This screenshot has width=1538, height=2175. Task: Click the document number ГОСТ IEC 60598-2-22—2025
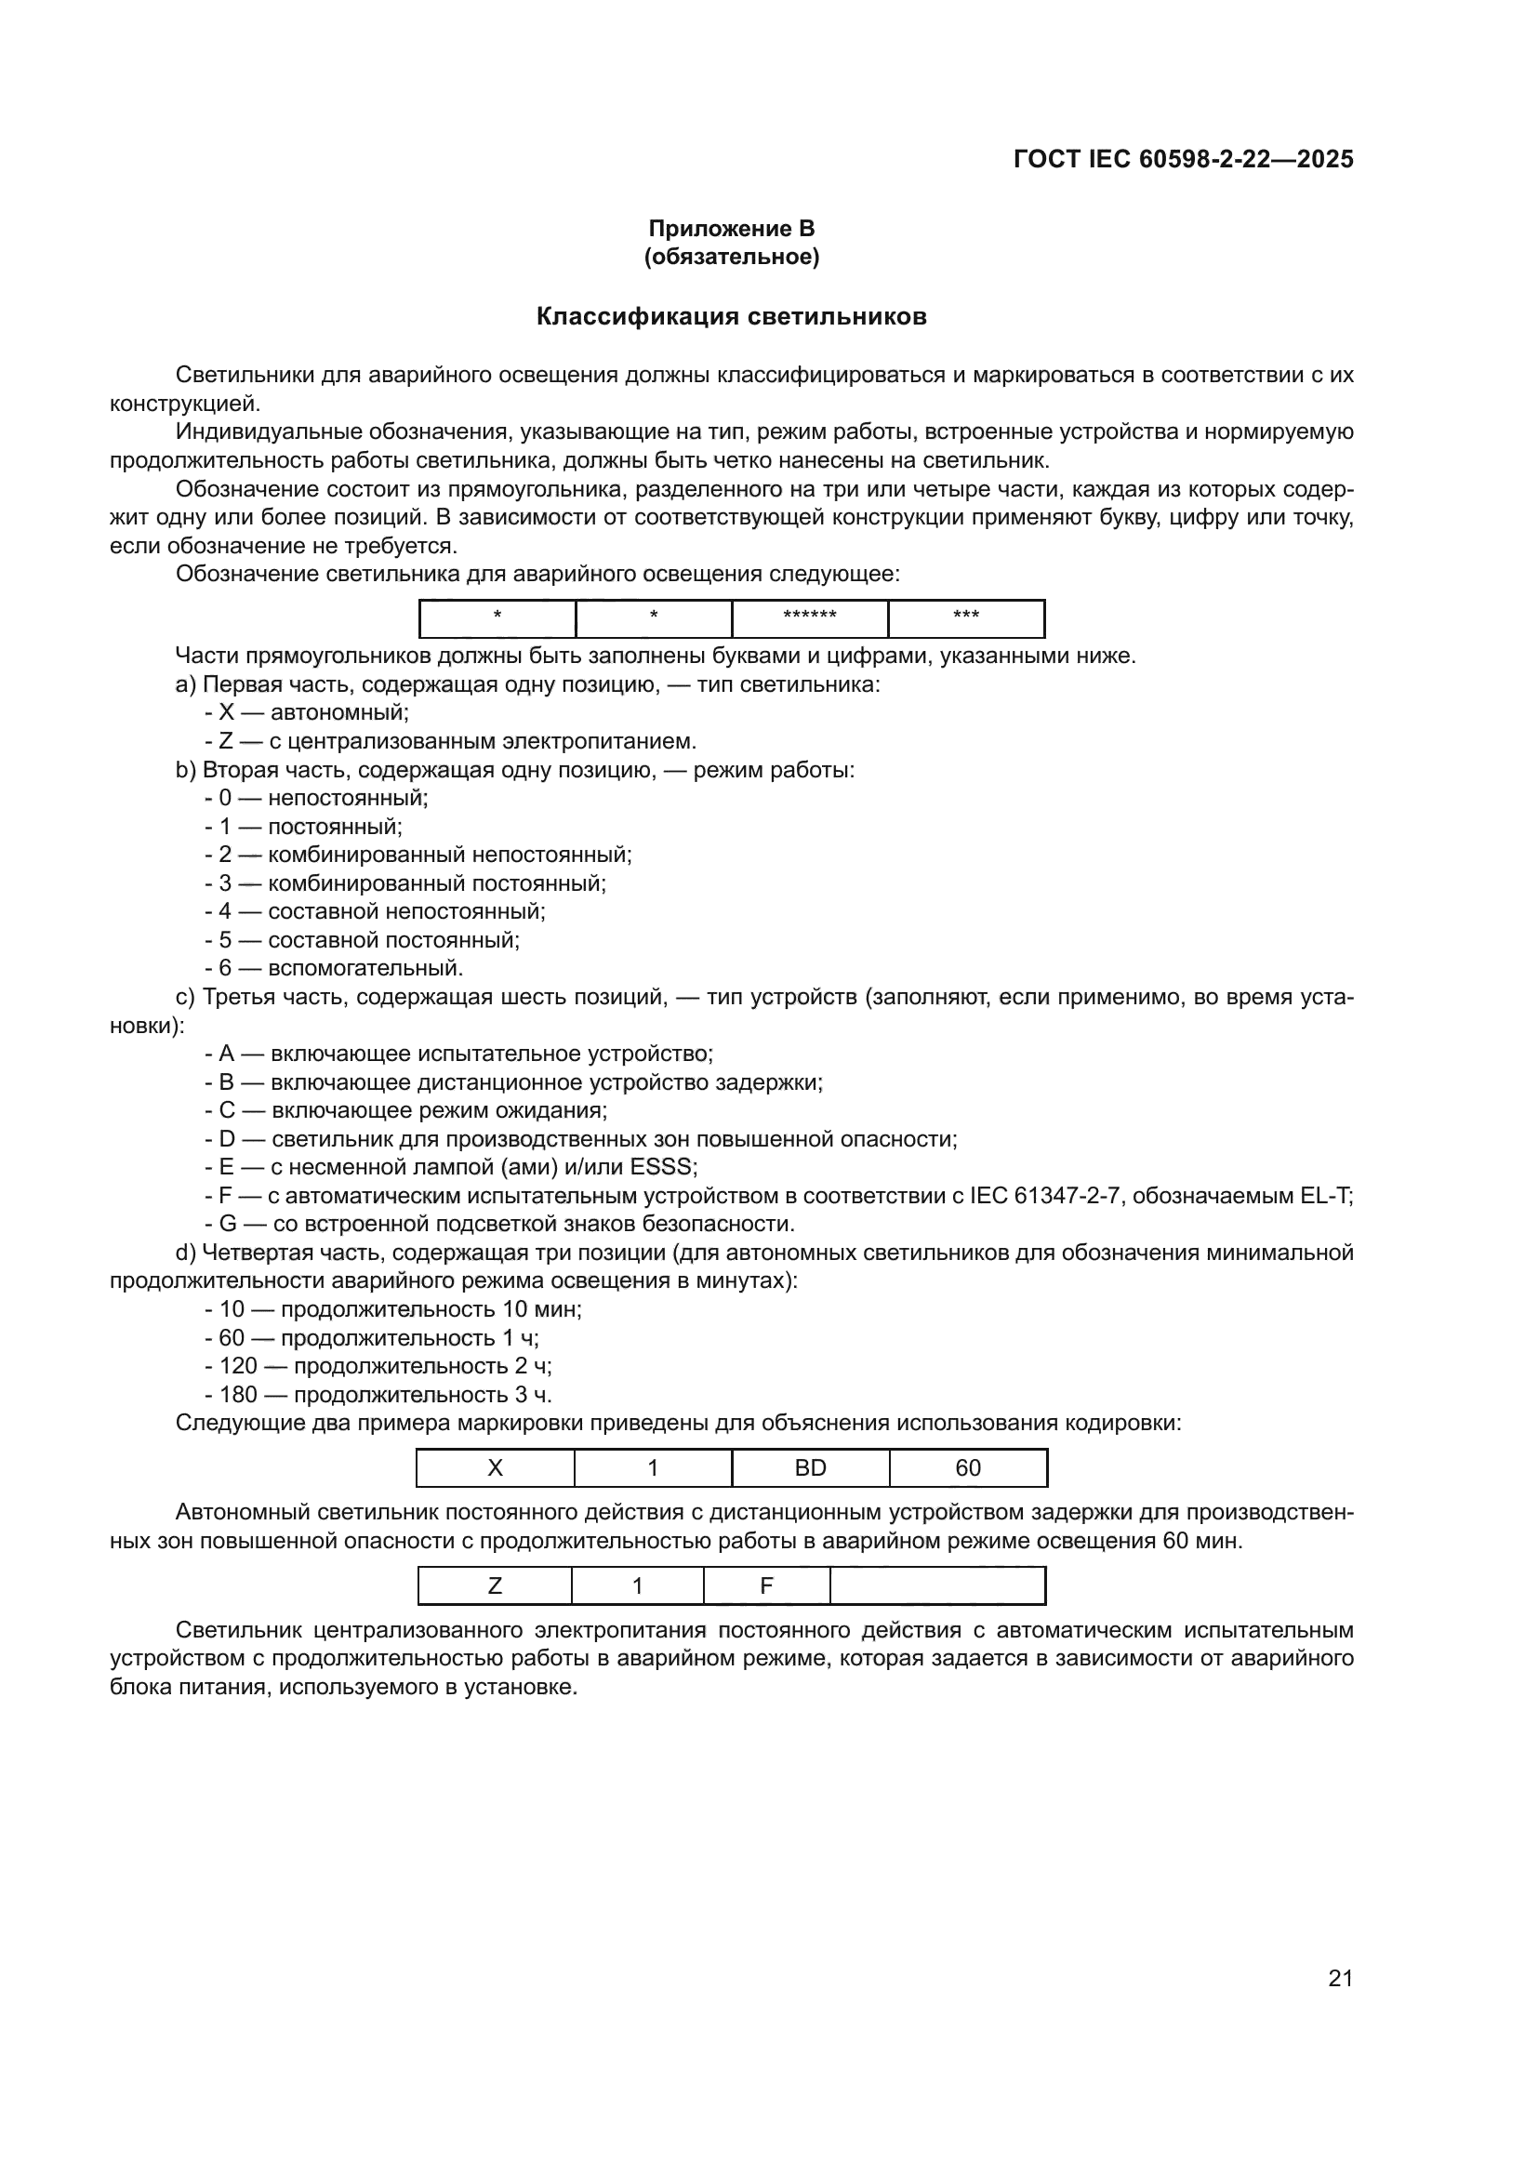(x=1183, y=159)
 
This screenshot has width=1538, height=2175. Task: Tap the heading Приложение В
(x=731, y=229)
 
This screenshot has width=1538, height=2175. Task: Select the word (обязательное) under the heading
(x=731, y=257)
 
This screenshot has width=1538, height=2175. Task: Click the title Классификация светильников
(x=731, y=316)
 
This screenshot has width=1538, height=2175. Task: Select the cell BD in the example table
(x=811, y=1468)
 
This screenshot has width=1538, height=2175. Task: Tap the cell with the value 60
(x=968, y=1468)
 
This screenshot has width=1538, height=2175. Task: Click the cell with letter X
(x=496, y=1468)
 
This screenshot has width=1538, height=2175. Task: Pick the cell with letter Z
(x=495, y=1585)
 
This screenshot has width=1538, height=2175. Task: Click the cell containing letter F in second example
(x=766, y=1585)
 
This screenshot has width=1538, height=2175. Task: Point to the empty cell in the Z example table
(x=937, y=1585)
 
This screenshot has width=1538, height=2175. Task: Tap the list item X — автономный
(x=307, y=712)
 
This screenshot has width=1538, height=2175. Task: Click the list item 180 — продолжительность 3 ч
(x=378, y=1395)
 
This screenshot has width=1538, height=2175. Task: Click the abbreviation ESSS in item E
(x=667, y=1167)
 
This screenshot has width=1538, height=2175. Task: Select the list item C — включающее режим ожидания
(x=406, y=1110)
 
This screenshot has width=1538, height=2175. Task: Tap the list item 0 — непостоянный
(x=316, y=798)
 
